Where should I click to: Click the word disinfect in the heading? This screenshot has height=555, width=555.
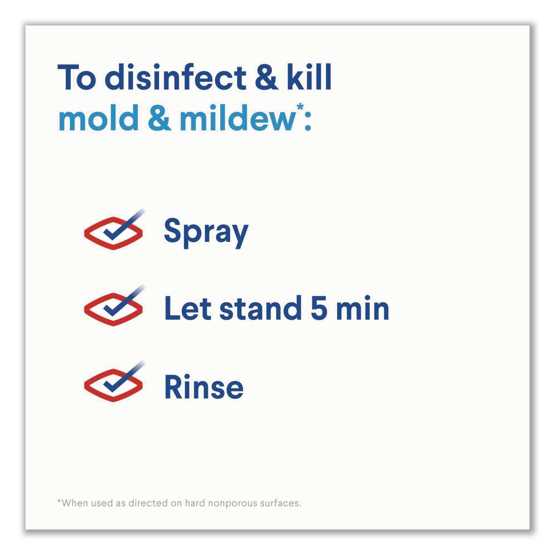click(x=175, y=77)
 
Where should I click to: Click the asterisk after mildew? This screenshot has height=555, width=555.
click(x=300, y=108)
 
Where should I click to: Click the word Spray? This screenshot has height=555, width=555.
click(x=206, y=233)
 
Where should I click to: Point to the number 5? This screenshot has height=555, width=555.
click(x=319, y=309)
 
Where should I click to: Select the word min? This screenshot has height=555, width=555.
click(x=363, y=309)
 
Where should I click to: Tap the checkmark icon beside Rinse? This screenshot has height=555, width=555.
click(x=114, y=381)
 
